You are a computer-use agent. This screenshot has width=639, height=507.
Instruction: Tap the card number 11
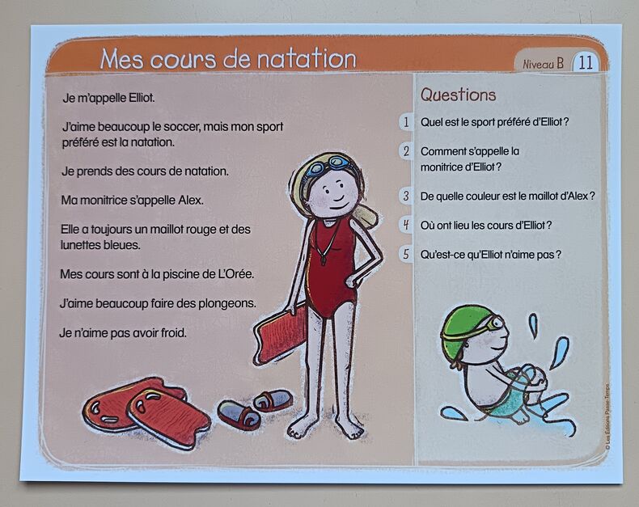coord(585,63)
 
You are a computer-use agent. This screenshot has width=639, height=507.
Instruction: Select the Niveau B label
coord(544,64)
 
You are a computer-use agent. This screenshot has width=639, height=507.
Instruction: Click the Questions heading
coord(458,95)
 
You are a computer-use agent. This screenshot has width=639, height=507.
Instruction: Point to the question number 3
coord(406,196)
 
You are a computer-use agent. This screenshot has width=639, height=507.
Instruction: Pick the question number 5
coord(406,255)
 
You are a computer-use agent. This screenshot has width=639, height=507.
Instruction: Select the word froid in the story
coord(173,333)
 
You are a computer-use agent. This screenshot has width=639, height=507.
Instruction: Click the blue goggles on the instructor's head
coord(328,165)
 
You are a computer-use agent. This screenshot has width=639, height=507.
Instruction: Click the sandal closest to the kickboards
coord(239,415)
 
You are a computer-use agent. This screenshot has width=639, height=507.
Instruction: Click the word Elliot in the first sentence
coord(141,98)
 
